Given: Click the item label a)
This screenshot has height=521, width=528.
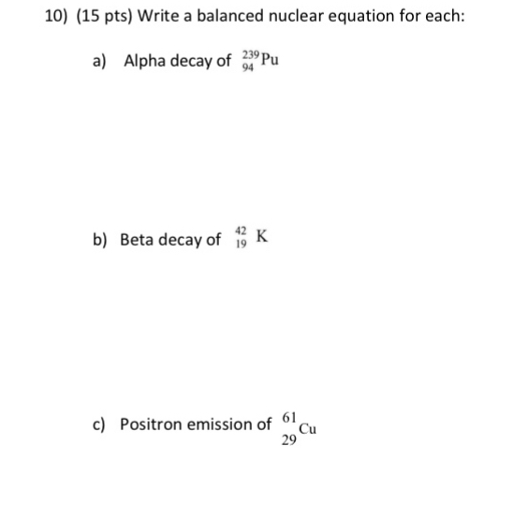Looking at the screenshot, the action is click(100, 62).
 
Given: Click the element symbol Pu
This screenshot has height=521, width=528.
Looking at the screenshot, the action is click(271, 62).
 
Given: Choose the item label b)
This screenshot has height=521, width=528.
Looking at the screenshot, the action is click(100, 240).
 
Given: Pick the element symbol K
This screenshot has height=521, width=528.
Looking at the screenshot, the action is click(263, 238).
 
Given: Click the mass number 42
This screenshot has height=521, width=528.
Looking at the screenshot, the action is click(242, 231).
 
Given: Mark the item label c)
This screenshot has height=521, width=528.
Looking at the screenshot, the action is click(99, 425).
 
